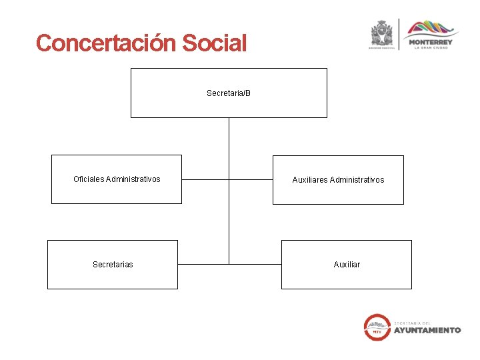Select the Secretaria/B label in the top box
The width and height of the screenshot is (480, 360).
click(x=229, y=93)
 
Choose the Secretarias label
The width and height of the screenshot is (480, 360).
click(x=113, y=265)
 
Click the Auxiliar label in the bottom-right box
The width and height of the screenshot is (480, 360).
click(x=347, y=265)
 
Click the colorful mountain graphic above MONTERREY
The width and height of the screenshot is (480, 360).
click(x=431, y=28)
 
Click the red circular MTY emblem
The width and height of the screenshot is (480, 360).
click(x=377, y=327)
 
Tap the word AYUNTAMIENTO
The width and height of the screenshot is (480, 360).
click(x=427, y=330)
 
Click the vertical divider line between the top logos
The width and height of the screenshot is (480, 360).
click(x=399, y=33)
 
